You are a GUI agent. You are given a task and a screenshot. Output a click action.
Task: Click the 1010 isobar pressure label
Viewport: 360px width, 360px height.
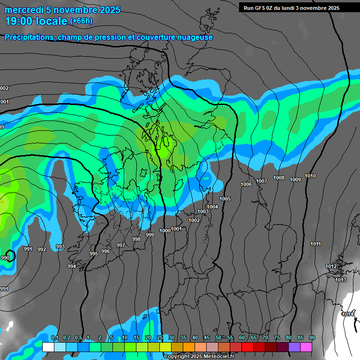[x=310, y=176]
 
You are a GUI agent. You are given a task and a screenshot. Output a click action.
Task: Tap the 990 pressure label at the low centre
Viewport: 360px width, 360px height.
[x=5, y=258]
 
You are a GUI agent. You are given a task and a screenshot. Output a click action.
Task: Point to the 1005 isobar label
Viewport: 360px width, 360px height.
[x=225, y=199]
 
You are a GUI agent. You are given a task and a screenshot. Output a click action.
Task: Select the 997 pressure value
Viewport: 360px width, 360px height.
[x=121, y=246]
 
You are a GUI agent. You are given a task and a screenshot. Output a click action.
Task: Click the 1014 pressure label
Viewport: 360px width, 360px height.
[x=348, y=314]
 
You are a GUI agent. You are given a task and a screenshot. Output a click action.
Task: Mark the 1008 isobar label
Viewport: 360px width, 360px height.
[x=279, y=178]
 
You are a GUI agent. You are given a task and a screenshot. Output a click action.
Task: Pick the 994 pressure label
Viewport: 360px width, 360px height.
[x=71, y=267]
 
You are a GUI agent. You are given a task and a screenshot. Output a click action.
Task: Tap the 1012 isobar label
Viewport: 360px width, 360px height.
[x=331, y=267]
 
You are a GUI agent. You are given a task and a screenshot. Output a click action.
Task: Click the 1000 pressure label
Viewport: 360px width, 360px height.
[x=165, y=231]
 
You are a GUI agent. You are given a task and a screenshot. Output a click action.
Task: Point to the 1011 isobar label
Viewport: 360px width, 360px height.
[x=315, y=244]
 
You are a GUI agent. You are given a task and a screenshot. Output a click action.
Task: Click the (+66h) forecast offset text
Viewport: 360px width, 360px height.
[x=81, y=21]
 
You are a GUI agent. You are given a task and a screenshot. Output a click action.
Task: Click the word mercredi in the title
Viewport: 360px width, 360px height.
[x=21, y=10]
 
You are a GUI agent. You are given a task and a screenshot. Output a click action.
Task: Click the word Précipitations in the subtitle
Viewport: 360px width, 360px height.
[x=28, y=37]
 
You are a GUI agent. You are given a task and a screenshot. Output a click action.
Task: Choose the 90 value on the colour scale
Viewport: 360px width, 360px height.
[x=312, y=338]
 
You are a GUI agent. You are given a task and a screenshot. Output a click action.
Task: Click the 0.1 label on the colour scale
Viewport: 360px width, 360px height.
[x=54, y=338]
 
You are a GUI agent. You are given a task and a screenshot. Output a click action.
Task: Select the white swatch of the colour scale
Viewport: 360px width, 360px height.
[x=48, y=347]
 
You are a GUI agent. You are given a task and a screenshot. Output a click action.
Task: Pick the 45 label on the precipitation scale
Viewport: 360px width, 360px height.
[x=207, y=338]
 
